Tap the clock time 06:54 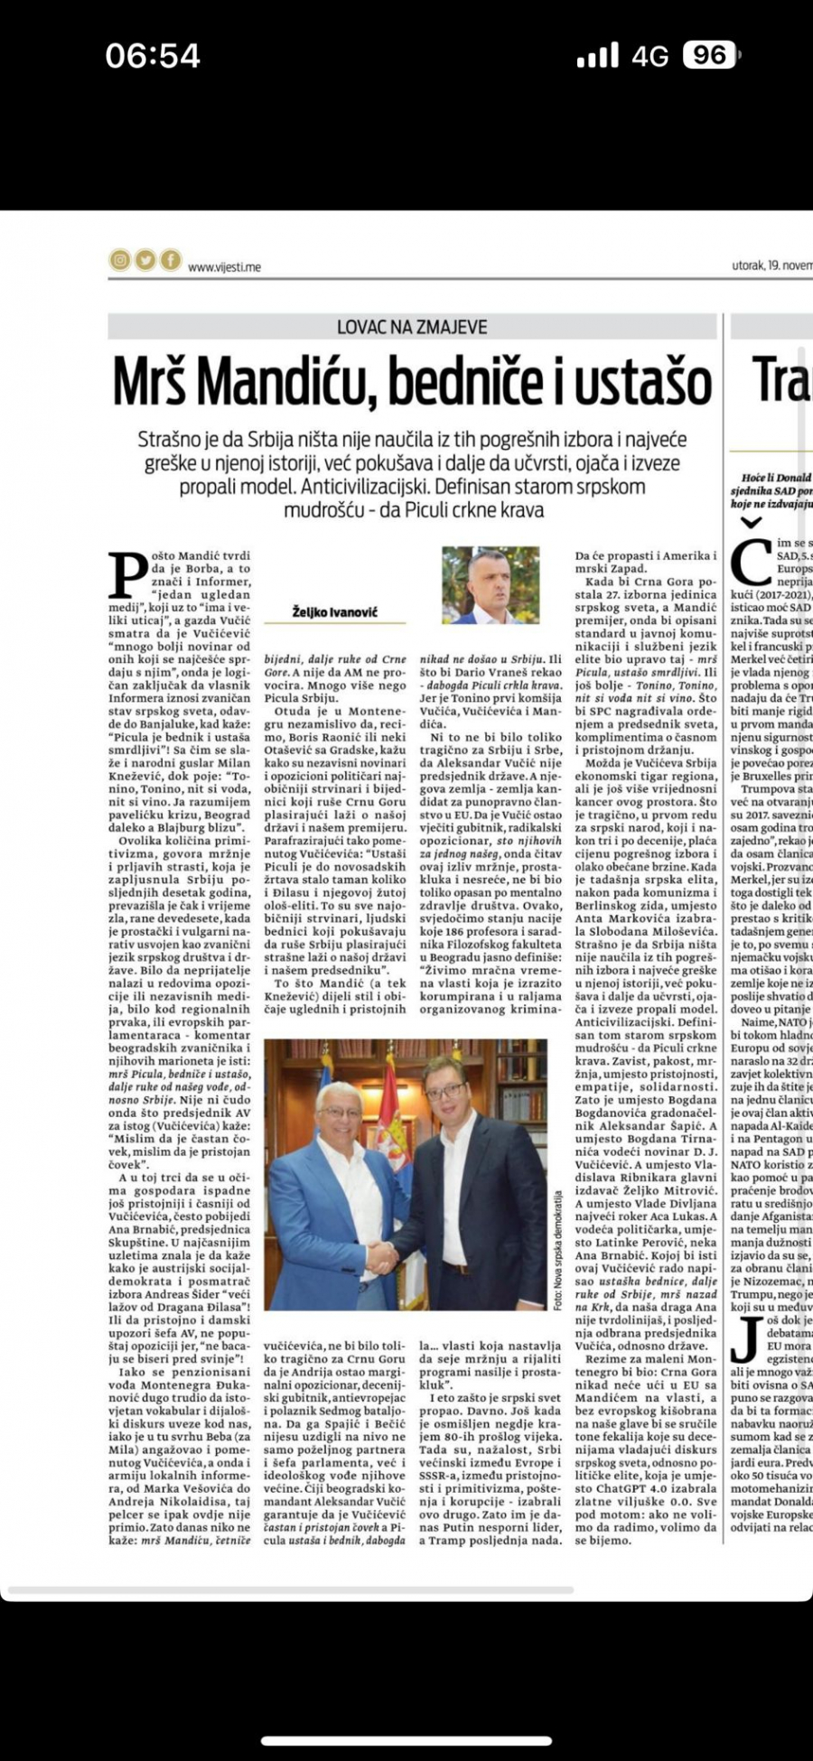153,56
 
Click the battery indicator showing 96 709,56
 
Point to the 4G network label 650,57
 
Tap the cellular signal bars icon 598,56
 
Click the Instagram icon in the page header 120,261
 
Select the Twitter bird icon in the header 145,261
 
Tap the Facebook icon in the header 171,261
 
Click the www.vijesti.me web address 224,266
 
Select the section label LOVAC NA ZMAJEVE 412,327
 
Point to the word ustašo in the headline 644,382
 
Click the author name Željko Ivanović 335,611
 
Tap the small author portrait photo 490,584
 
